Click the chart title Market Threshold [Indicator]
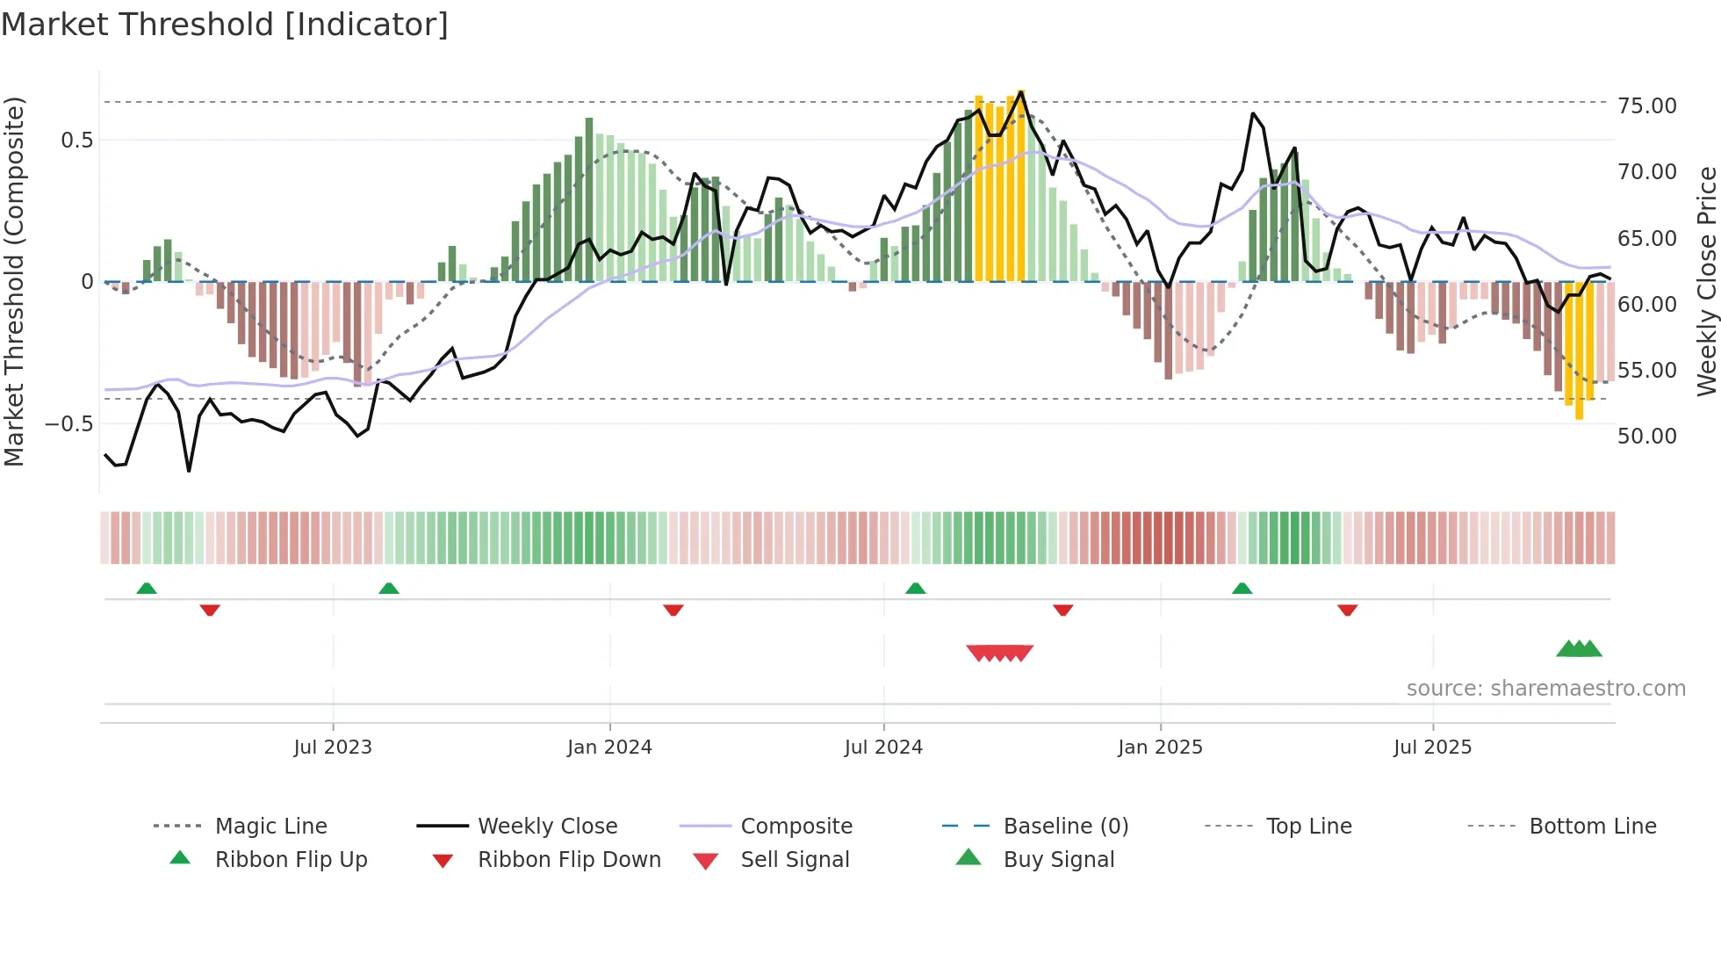tap(225, 25)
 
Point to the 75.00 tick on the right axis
tap(1646, 106)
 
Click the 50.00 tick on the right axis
tap(1646, 437)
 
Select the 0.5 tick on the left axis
tap(76, 141)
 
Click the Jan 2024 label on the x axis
tap(609, 748)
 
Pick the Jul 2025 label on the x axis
tap(1432, 748)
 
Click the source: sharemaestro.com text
tap(1545, 689)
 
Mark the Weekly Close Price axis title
tap(1706, 281)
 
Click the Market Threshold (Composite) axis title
tap(15, 281)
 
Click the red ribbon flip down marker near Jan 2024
tap(673, 610)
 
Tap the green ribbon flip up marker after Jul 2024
tap(916, 589)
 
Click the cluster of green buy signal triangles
tap(1579, 649)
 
